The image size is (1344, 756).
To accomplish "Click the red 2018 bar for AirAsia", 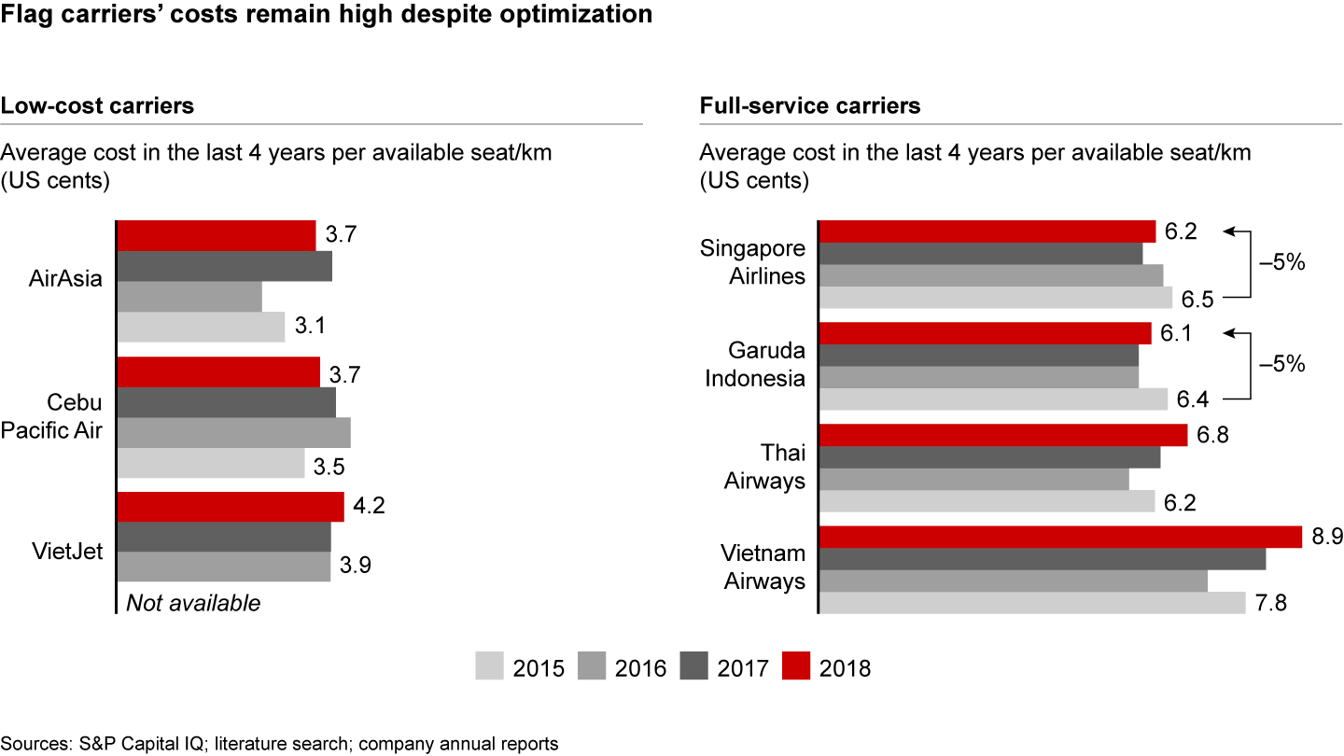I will (x=217, y=236).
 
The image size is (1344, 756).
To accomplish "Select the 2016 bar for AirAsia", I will (x=189, y=297).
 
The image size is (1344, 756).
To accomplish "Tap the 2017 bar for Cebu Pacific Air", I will (x=226, y=402).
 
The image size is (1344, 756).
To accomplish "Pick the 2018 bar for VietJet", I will (x=231, y=507).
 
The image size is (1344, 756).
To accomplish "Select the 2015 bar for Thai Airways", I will (x=987, y=502).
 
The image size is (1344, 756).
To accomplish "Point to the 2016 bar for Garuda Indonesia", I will (x=979, y=377).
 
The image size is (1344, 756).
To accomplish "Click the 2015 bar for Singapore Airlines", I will (x=996, y=297).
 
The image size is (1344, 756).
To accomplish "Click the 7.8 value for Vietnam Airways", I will (x=1271, y=603).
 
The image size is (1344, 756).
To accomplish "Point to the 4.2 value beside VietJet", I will (x=371, y=507).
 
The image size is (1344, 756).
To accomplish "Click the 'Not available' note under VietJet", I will (x=193, y=603).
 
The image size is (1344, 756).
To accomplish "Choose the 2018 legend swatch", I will (x=796, y=667).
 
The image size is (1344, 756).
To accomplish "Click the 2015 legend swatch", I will (x=488, y=667).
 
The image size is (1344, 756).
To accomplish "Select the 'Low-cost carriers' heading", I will (x=97, y=105).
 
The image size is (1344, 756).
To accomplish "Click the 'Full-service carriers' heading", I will (x=810, y=105).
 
